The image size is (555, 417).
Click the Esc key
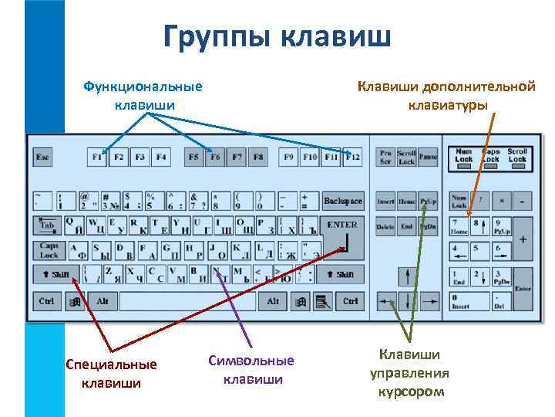pyautogui.click(x=42, y=158)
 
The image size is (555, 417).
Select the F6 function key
pyautogui.click(x=215, y=158)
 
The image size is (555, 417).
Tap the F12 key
pyautogui.click(x=352, y=158)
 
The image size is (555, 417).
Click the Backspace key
pyautogui.click(x=342, y=202)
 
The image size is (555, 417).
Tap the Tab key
pyautogui.click(x=47, y=226)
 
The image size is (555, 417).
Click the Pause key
pyautogui.click(x=429, y=158)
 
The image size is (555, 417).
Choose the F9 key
pyautogui.click(x=289, y=158)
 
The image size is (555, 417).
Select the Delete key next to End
pyautogui.click(x=385, y=228)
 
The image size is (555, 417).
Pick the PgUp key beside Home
pyautogui.click(x=429, y=202)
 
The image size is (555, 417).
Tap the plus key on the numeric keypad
pyautogui.click(x=523, y=239)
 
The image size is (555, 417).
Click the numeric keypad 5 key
pyautogui.click(x=480, y=252)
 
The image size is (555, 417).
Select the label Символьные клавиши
pyautogui.click(x=251, y=370)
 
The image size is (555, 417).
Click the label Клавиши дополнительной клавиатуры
pyautogui.click(x=446, y=95)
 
